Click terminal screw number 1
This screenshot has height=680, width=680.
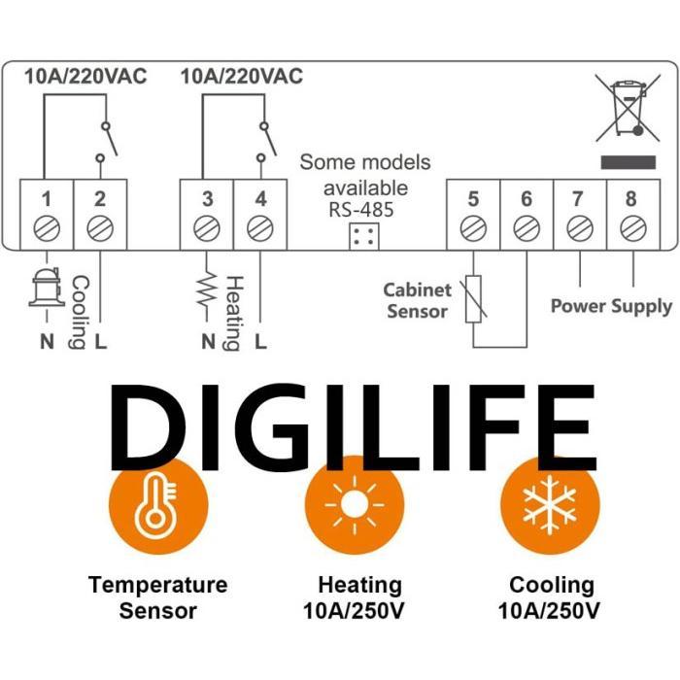pyautogui.click(x=46, y=229)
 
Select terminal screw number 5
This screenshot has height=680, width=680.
pyautogui.click(x=473, y=228)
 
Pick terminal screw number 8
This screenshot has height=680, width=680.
pyautogui.click(x=632, y=228)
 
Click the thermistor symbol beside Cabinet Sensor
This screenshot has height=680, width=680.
pyautogui.click(x=473, y=297)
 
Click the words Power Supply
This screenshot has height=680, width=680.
pyautogui.click(x=611, y=306)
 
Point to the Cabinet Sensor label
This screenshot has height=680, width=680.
pyautogui.click(x=418, y=300)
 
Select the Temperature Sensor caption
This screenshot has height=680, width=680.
pyautogui.click(x=157, y=597)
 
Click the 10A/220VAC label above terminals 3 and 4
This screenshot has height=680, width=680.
pyautogui.click(x=242, y=76)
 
